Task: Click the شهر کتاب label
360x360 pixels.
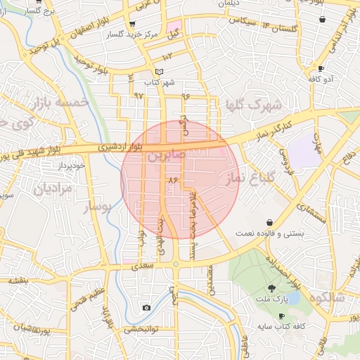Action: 159,83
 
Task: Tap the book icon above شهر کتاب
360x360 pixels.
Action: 159,72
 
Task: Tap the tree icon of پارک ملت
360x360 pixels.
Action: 271,288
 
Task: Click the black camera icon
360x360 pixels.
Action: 146,308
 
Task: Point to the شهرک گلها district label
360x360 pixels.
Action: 252,105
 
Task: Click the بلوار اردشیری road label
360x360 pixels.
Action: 118,147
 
